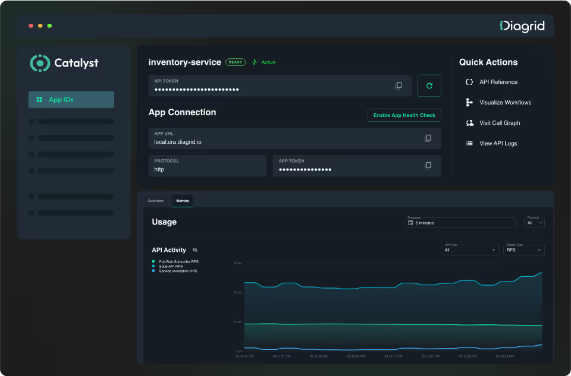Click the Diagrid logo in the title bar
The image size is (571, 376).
[x=522, y=26]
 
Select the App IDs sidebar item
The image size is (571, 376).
[x=71, y=100]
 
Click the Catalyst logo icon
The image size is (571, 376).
[x=39, y=63]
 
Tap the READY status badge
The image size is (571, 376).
[x=236, y=62]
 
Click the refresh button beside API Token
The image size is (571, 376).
[x=429, y=86]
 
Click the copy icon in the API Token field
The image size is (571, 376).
[x=399, y=86]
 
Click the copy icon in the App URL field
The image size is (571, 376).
[x=428, y=138]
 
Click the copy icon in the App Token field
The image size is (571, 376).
[x=428, y=166]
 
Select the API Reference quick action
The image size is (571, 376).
[x=498, y=82]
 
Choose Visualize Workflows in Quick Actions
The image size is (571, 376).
[x=505, y=103]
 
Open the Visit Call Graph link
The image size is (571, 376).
[x=499, y=123]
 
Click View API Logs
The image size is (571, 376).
[x=498, y=143]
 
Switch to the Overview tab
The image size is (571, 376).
[x=155, y=201]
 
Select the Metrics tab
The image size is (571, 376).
[x=183, y=201]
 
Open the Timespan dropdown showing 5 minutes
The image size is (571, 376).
[x=460, y=223]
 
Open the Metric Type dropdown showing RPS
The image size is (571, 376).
[x=523, y=250]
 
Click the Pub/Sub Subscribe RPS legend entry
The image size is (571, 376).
[x=178, y=261]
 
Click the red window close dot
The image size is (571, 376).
[x=31, y=26]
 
